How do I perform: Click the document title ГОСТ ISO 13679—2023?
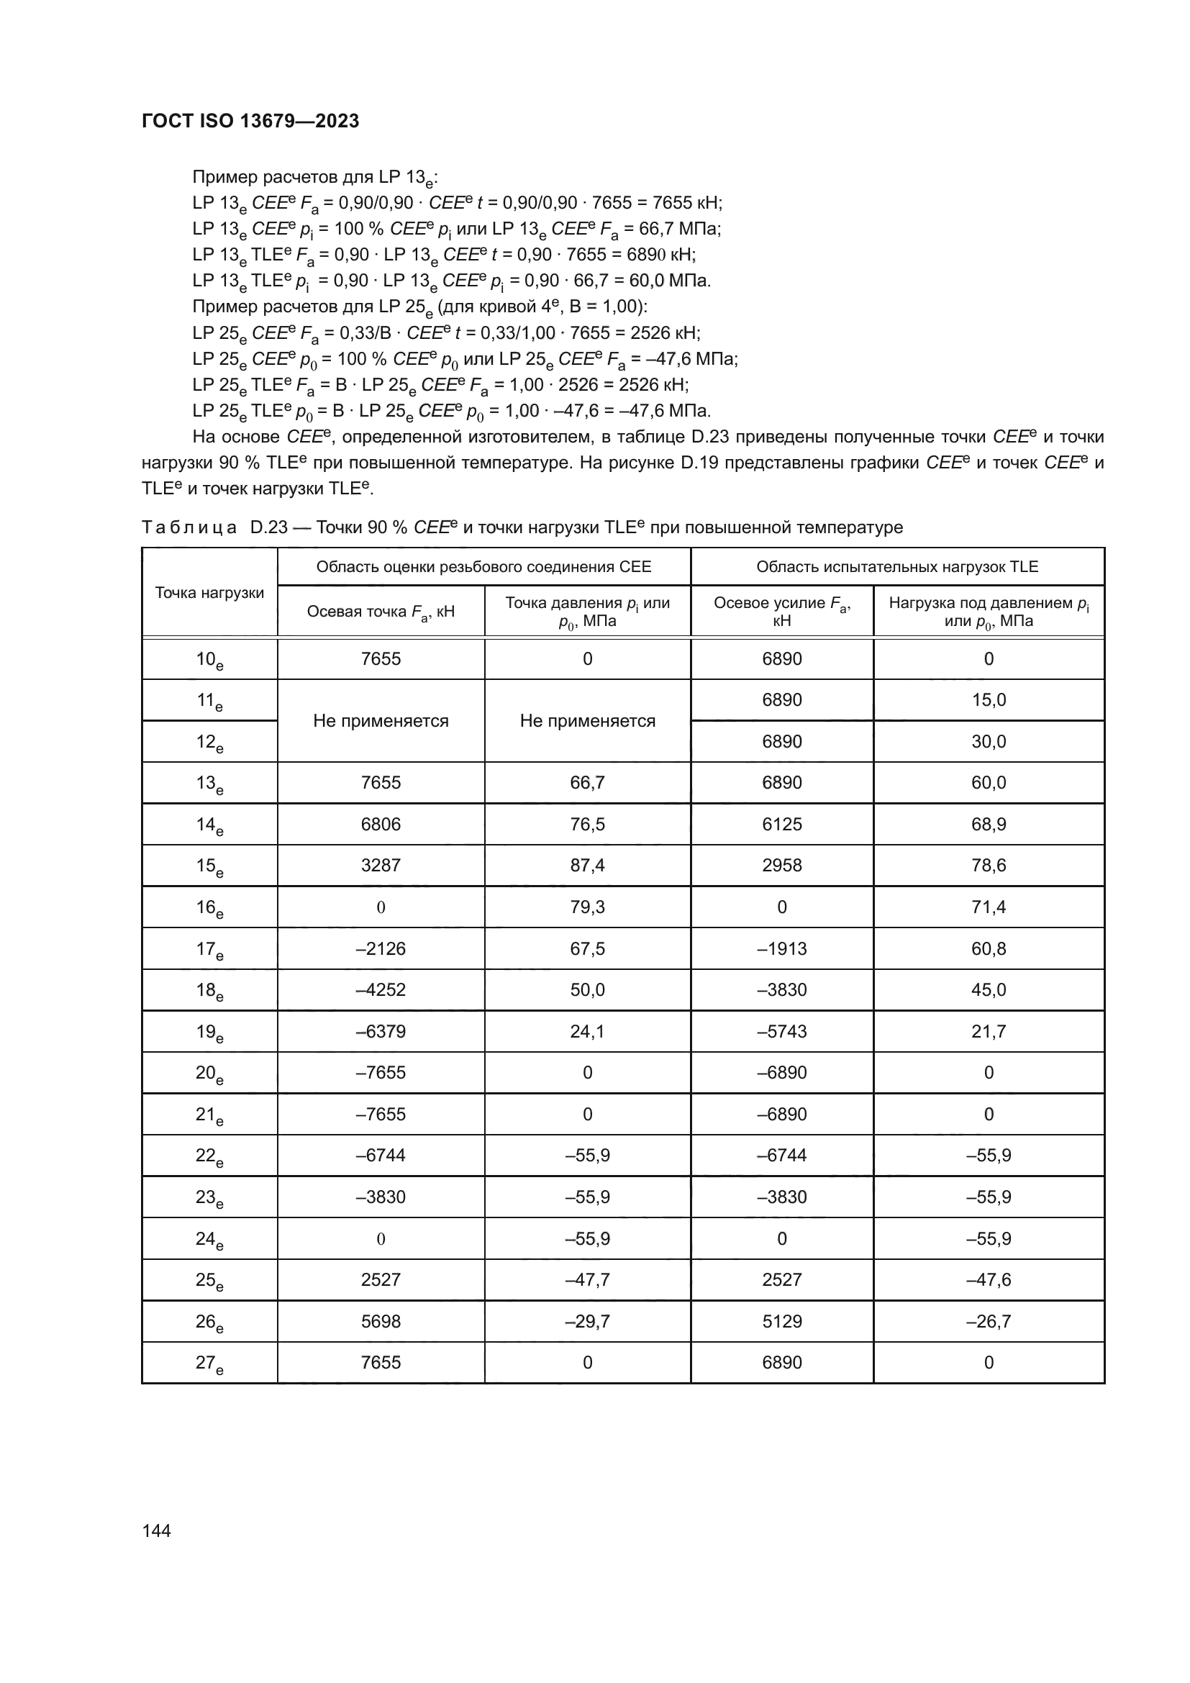[x=250, y=121]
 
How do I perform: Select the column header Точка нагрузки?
[x=209, y=593]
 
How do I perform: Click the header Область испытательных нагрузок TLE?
[x=897, y=566]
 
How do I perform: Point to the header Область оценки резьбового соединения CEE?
[x=483, y=566]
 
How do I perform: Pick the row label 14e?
[x=209, y=825]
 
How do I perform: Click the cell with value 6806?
[x=381, y=824]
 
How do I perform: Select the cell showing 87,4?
[x=587, y=865]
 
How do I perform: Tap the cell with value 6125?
[x=782, y=824]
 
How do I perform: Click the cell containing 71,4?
[x=989, y=907]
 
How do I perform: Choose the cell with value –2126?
[x=381, y=948]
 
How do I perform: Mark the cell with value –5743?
[x=782, y=1031]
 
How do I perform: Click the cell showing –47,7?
[x=587, y=1280]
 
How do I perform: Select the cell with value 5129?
[x=782, y=1322]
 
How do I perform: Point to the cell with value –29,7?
[x=587, y=1322]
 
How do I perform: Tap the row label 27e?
[x=209, y=1364]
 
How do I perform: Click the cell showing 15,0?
[x=989, y=699]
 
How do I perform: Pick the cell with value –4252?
[x=381, y=989]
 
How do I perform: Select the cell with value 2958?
[x=782, y=865]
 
